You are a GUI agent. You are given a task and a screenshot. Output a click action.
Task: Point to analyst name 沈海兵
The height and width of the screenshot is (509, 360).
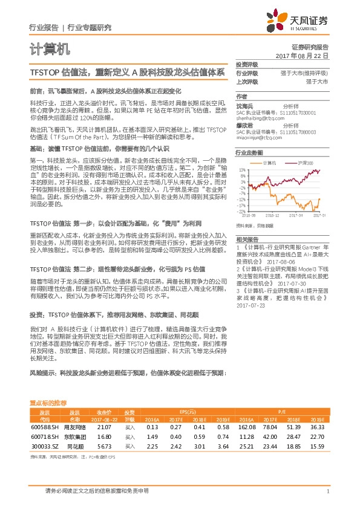pyautogui.click(x=244, y=105)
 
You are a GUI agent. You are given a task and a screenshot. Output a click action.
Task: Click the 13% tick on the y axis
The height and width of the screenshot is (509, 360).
pyautogui.click(x=242, y=170)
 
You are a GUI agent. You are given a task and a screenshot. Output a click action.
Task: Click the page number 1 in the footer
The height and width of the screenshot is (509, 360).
pyautogui.click(x=327, y=491)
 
